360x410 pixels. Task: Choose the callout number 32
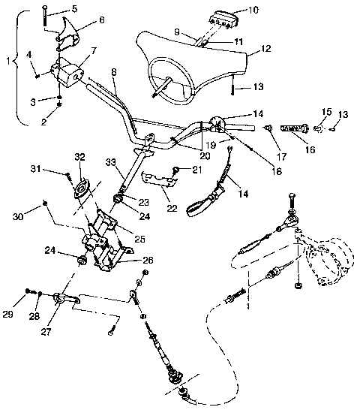click(80, 156)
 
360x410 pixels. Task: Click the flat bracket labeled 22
click(158, 181)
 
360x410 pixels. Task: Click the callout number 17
click(281, 158)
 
